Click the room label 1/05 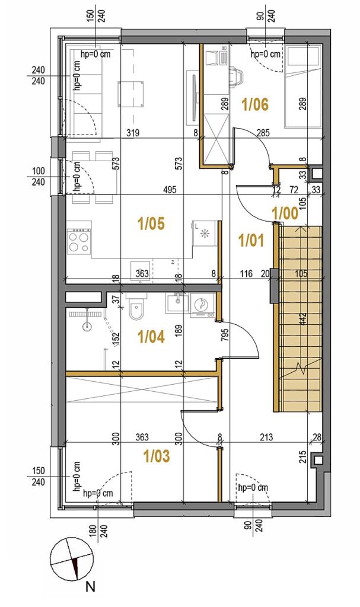(x=151, y=223)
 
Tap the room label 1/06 (x=255, y=104)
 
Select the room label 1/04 (x=151, y=337)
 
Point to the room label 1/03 (x=157, y=456)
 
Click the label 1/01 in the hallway (x=251, y=241)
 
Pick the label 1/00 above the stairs (x=285, y=213)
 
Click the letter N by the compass (x=90, y=587)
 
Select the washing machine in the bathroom (x=203, y=305)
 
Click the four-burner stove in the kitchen (x=79, y=241)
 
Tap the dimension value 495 (x=170, y=190)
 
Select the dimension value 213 (x=266, y=437)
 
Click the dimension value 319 (x=133, y=133)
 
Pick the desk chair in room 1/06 (x=237, y=75)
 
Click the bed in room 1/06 (x=303, y=87)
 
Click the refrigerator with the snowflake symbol (x=204, y=234)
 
